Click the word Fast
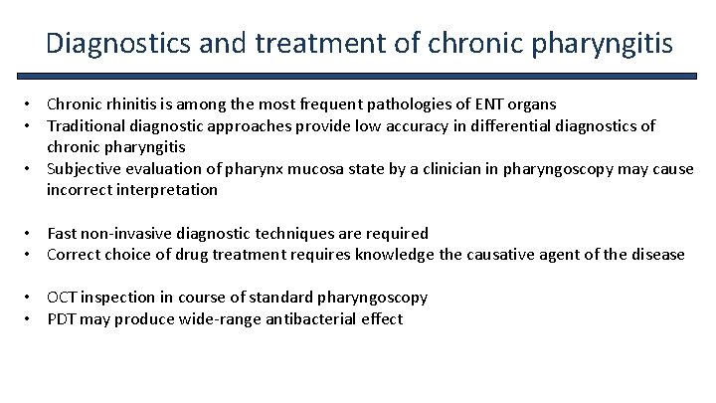[63, 234]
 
